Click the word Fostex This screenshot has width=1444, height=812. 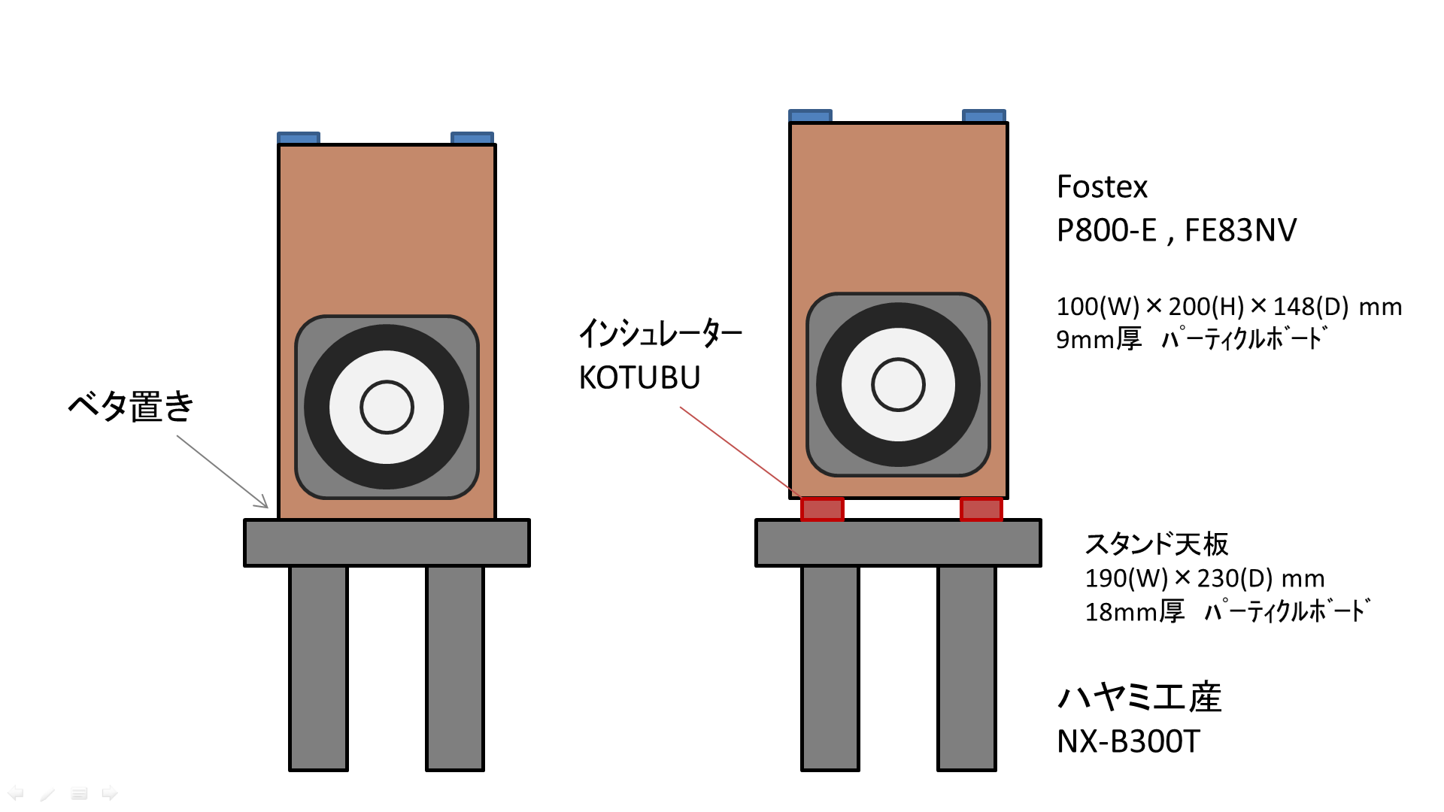pyautogui.click(x=1102, y=187)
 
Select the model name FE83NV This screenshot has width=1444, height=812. pyautogui.click(x=1240, y=231)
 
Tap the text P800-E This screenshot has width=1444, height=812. pyautogui.click(x=1106, y=231)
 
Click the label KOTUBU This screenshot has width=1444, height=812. pyautogui.click(x=639, y=377)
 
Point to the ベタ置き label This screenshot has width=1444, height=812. pyautogui.click(x=131, y=406)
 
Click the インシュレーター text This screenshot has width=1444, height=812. pyautogui.click(x=660, y=332)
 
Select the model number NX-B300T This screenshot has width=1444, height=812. pyautogui.click(x=1128, y=742)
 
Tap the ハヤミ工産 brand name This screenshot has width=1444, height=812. pyautogui.click(x=1139, y=697)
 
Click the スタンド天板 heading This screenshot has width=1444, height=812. pyautogui.click(x=1156, y=544)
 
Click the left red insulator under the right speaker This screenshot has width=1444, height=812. pyautogui.click(x=822, y=509)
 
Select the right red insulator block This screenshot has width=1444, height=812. pyautogui.click(x=981, y=509)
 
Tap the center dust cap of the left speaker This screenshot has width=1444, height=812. pyautogui.click(x=387, y=407)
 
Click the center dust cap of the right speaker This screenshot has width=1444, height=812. pyautogui.click(x=898, y=384)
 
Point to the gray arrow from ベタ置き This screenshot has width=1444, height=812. pyautogui.click(x=223, y=471)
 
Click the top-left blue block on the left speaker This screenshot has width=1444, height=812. pyautogui.click(x=299, y=138)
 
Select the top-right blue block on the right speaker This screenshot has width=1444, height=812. pyautogui.click(x=984, y=115)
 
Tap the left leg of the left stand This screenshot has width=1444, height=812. pyautogui.click(x=318, y=668)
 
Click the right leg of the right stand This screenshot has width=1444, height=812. pyautogui.click(x=966, y=668)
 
